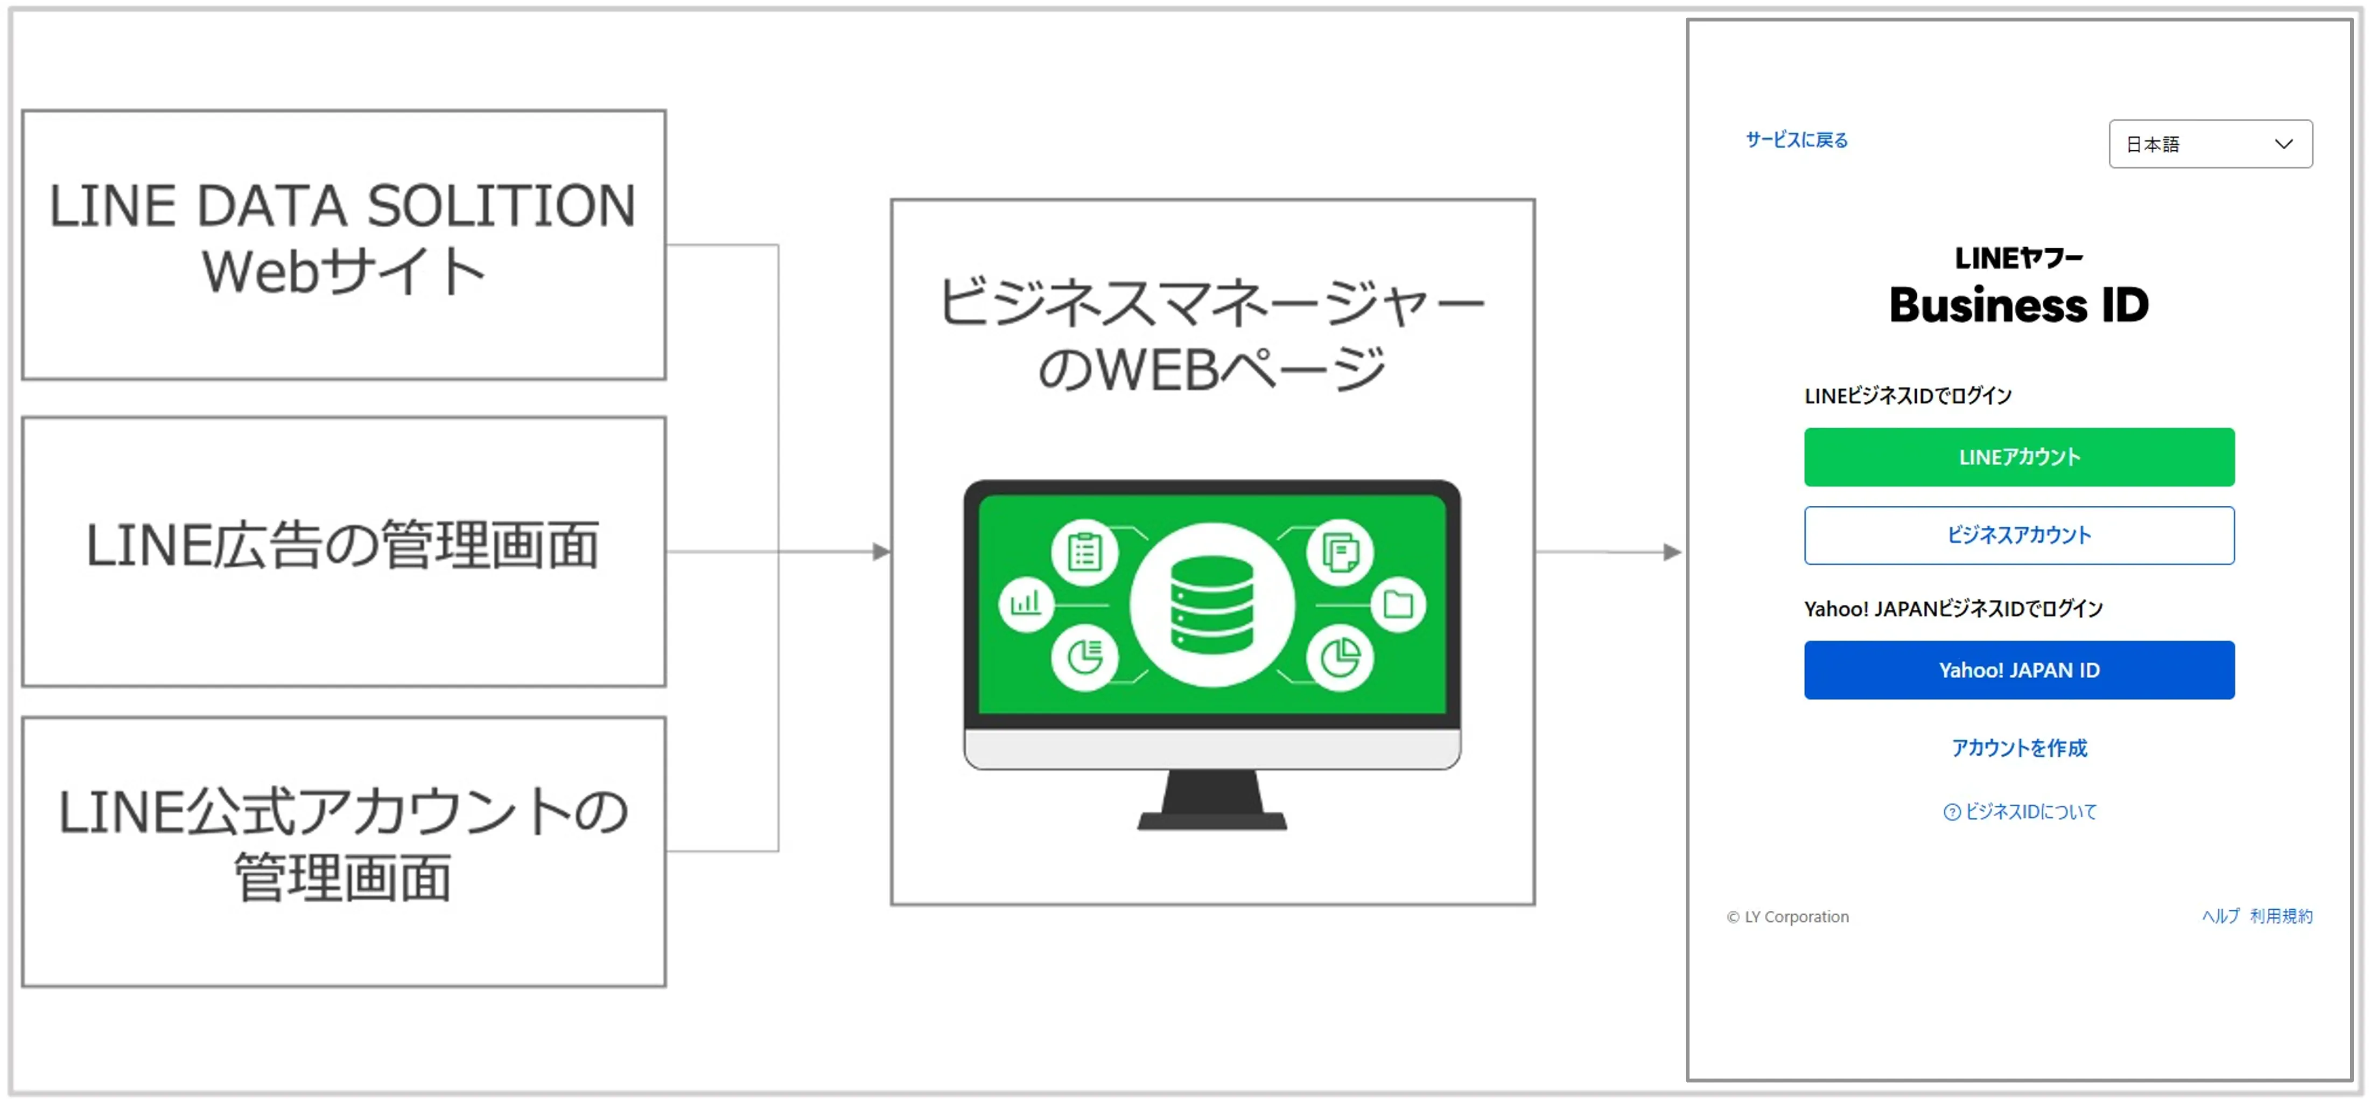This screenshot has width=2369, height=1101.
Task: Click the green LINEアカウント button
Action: tap(2018, 457)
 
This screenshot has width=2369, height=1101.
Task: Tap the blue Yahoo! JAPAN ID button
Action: tap(2018, 670)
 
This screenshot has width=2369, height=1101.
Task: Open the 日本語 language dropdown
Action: tap(2210, 143)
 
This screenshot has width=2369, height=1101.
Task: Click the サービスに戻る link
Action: tap(1796, 140)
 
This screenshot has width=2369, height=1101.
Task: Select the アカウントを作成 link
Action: tap(2018, 748)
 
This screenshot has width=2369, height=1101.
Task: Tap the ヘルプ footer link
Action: tap(2220, 916)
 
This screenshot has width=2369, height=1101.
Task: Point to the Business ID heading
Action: tap(2018, 304)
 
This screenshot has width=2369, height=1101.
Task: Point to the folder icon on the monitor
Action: tap(1398, 604)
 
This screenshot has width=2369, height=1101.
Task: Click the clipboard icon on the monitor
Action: tap(1084, 553)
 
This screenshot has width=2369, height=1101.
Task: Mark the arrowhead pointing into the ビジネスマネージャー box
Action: tap(881, 552)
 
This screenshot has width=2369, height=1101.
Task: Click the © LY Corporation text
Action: tap(1787, 917)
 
